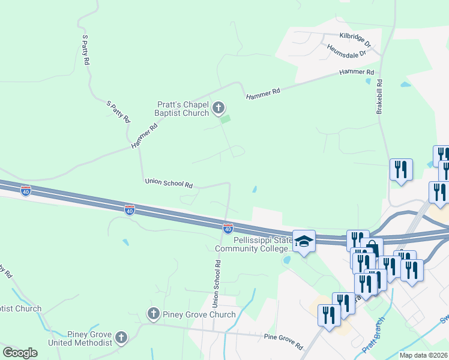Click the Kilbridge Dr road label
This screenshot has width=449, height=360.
click(x=355, y=40)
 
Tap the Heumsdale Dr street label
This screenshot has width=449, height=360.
click(x=346, y=51)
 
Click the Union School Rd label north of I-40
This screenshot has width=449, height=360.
click(x=168, y=183)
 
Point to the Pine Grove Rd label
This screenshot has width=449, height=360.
click(x=283, y=341)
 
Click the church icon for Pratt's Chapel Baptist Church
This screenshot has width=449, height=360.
click(x=218, y=108)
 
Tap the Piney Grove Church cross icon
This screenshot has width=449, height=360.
click(x=153, y=314)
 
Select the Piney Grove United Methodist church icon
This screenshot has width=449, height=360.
click(x=122, y=338)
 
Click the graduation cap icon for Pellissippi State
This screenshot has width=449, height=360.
click(x=304, y=241)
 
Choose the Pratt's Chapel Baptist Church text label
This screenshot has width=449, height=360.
click(x=182, y=108)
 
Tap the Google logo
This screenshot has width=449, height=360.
click(x=20, y=353)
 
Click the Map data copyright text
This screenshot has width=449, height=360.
click(x=423, y=355)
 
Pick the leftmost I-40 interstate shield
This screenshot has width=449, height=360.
click(x=25, y=191)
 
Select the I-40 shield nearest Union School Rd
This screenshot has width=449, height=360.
click(x=228, y=229)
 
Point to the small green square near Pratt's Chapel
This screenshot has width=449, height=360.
click(x=225, y=120)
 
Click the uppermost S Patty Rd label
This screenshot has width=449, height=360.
click(x=85, y=50)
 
